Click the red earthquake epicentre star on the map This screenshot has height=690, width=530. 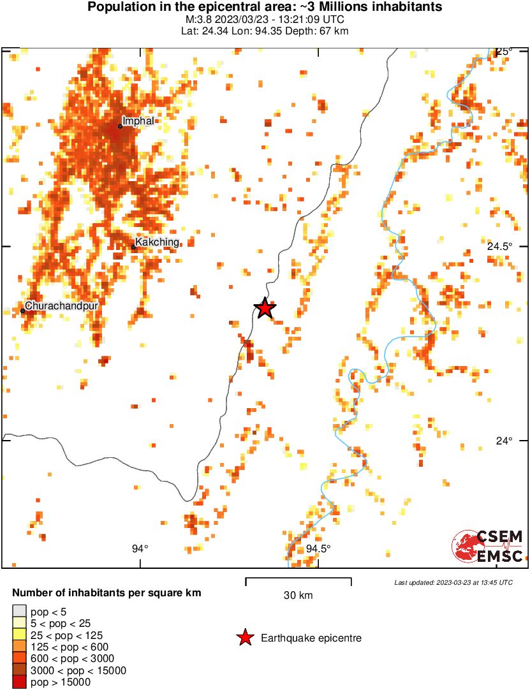point(265,309)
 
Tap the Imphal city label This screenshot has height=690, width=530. point(138,121)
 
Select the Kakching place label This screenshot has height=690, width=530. point(157,242)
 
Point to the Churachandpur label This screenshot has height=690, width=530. point(62,306)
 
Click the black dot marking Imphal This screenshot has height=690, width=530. point(120,126)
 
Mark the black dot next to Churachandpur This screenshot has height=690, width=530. point(22,311)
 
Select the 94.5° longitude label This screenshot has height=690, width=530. point(318,548)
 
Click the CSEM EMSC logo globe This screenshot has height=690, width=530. point(464,547)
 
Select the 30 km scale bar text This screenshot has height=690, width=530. point(298,596)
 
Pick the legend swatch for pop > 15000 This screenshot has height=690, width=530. point(20,682)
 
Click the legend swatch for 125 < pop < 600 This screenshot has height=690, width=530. point(20,647)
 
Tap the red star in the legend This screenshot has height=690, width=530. point(244,638)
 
